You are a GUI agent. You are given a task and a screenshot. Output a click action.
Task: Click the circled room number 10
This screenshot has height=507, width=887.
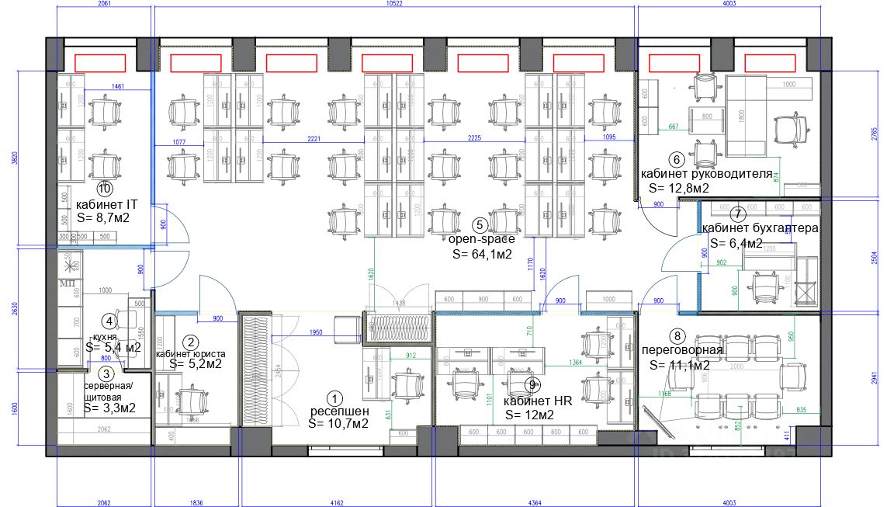pos(105,188)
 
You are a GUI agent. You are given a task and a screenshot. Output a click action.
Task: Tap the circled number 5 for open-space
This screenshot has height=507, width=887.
pos(480,225)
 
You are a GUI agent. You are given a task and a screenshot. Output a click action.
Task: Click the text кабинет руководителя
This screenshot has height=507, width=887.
pos(706,174)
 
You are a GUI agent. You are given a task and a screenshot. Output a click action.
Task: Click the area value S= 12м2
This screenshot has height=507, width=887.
pos(529,415)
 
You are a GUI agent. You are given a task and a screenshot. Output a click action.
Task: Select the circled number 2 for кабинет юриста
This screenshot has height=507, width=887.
pos(189,341)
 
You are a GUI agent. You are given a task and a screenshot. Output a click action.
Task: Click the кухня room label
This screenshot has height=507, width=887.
pos(105,336)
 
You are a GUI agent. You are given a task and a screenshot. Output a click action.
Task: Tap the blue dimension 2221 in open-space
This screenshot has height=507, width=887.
pos(313,138)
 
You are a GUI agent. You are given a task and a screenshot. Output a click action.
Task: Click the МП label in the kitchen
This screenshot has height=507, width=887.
pos(68,283)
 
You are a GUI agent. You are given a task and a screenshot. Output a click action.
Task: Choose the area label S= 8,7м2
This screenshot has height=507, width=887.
pos(103,218)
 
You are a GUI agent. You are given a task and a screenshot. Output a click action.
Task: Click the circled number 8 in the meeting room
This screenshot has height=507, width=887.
pos(678,336)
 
